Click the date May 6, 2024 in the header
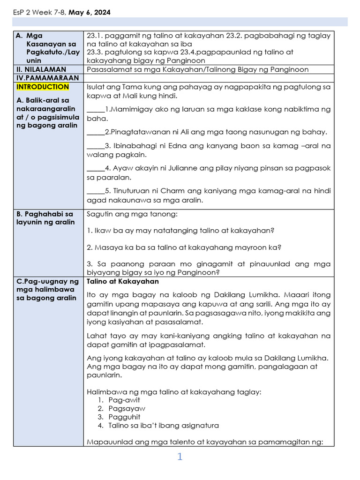(x=90, y=13)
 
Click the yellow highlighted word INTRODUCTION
(x=43, y=87)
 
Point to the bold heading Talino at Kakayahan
(x=123, y=282)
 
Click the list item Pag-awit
(x=124, y=400)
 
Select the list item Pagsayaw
(x=127, y=408)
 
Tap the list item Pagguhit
(x=124, y=417)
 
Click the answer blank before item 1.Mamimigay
(x=96, y=110)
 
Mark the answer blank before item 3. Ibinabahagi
(x=96, y=146)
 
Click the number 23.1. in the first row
(x=95, y=36)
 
